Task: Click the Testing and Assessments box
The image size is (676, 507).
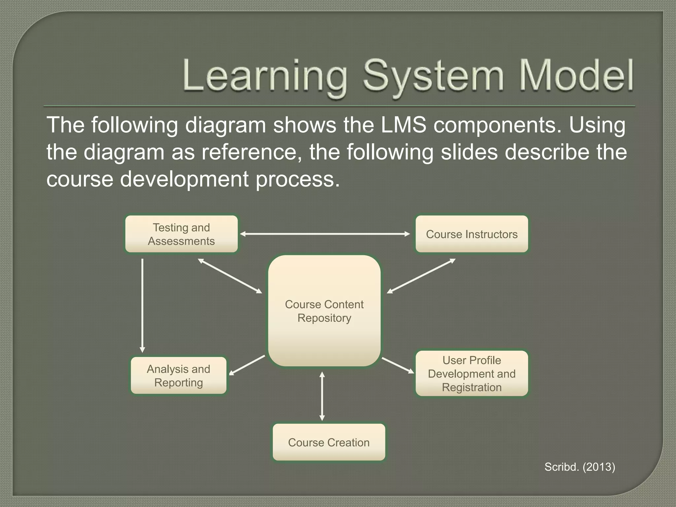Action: click(x=181, y=234)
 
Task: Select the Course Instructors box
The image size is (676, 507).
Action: click(x=472, y=234)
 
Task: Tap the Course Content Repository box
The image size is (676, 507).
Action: click(x=324, y=311)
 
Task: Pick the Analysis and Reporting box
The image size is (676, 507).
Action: click(x=179, y=376)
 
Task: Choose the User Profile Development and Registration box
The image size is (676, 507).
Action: click(x=472, y=373)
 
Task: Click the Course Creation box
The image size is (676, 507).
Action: click(x=329, y=442)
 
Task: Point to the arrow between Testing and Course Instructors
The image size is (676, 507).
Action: click(x=325, y=234)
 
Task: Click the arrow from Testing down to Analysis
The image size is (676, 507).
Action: click(x=142, y=305)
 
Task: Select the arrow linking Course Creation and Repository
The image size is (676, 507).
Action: click(x=322, y=396)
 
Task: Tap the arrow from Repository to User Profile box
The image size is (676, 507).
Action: click(x=398, y=365)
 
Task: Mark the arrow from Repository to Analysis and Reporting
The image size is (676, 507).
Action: click(x=247, y=365)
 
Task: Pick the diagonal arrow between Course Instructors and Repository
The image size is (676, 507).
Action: click(x=421, y=276)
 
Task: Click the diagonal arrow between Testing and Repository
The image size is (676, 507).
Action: click(x=230, y=276)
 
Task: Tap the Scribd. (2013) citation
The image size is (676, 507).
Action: click(x=580, y=467)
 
